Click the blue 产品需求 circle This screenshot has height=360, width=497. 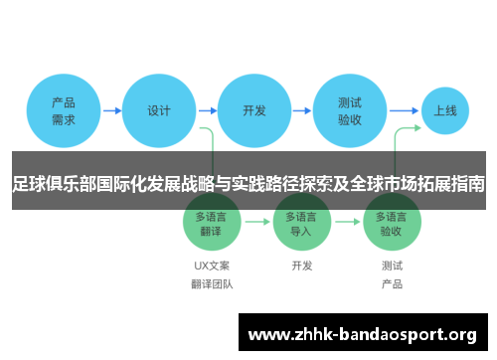[x=64, y=110]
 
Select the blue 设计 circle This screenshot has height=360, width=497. [x=159, y=110]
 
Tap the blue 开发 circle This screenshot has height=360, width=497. [x=254, y=110]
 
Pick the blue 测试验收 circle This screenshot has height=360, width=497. [x=350, y=110]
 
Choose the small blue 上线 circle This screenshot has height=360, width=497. [x=445, y=110]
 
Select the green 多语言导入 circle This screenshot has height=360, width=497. [x=301, y=223]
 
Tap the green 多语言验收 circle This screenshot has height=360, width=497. [x=392, y=223]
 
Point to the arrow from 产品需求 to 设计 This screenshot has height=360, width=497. [x=111, y=110]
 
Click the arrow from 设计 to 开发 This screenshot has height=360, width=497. [x=207, y=110]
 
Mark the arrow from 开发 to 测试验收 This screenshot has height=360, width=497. [x=302, y=110]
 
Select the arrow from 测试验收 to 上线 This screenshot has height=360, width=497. [x=403, y=110]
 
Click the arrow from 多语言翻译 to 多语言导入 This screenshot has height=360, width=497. [x=256, y=223]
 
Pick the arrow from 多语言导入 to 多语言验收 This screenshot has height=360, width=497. [x=347, y=223]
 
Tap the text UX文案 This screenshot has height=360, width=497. [x=212, y=266]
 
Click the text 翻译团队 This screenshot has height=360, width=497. [x=212, y=284]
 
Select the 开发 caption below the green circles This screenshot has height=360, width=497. [x=301, y=266]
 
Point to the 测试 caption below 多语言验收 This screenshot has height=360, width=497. [x=392, y=266]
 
